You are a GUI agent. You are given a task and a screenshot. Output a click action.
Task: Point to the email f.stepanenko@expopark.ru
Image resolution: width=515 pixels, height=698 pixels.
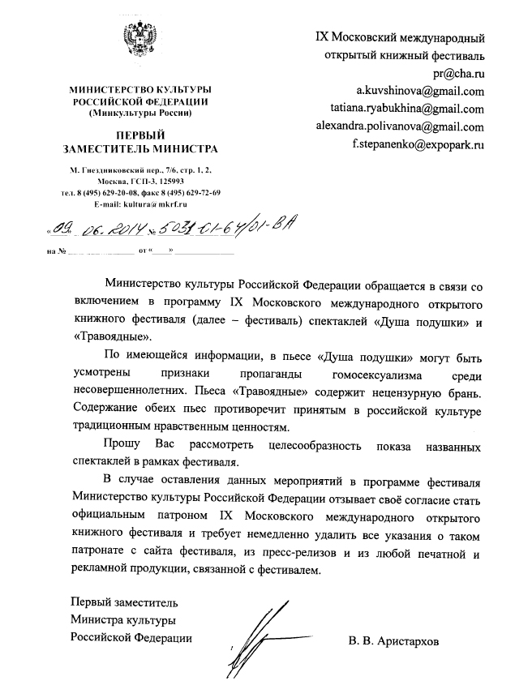coord(418,144)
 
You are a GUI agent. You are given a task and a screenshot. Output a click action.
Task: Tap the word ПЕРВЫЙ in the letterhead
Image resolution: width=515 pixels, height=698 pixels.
coord(139,135)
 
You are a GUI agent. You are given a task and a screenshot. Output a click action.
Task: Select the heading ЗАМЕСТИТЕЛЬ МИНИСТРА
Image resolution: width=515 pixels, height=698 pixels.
coord(139,149)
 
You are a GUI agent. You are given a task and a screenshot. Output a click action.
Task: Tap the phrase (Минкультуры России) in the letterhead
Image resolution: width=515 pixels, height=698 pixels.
coord(139,113)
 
